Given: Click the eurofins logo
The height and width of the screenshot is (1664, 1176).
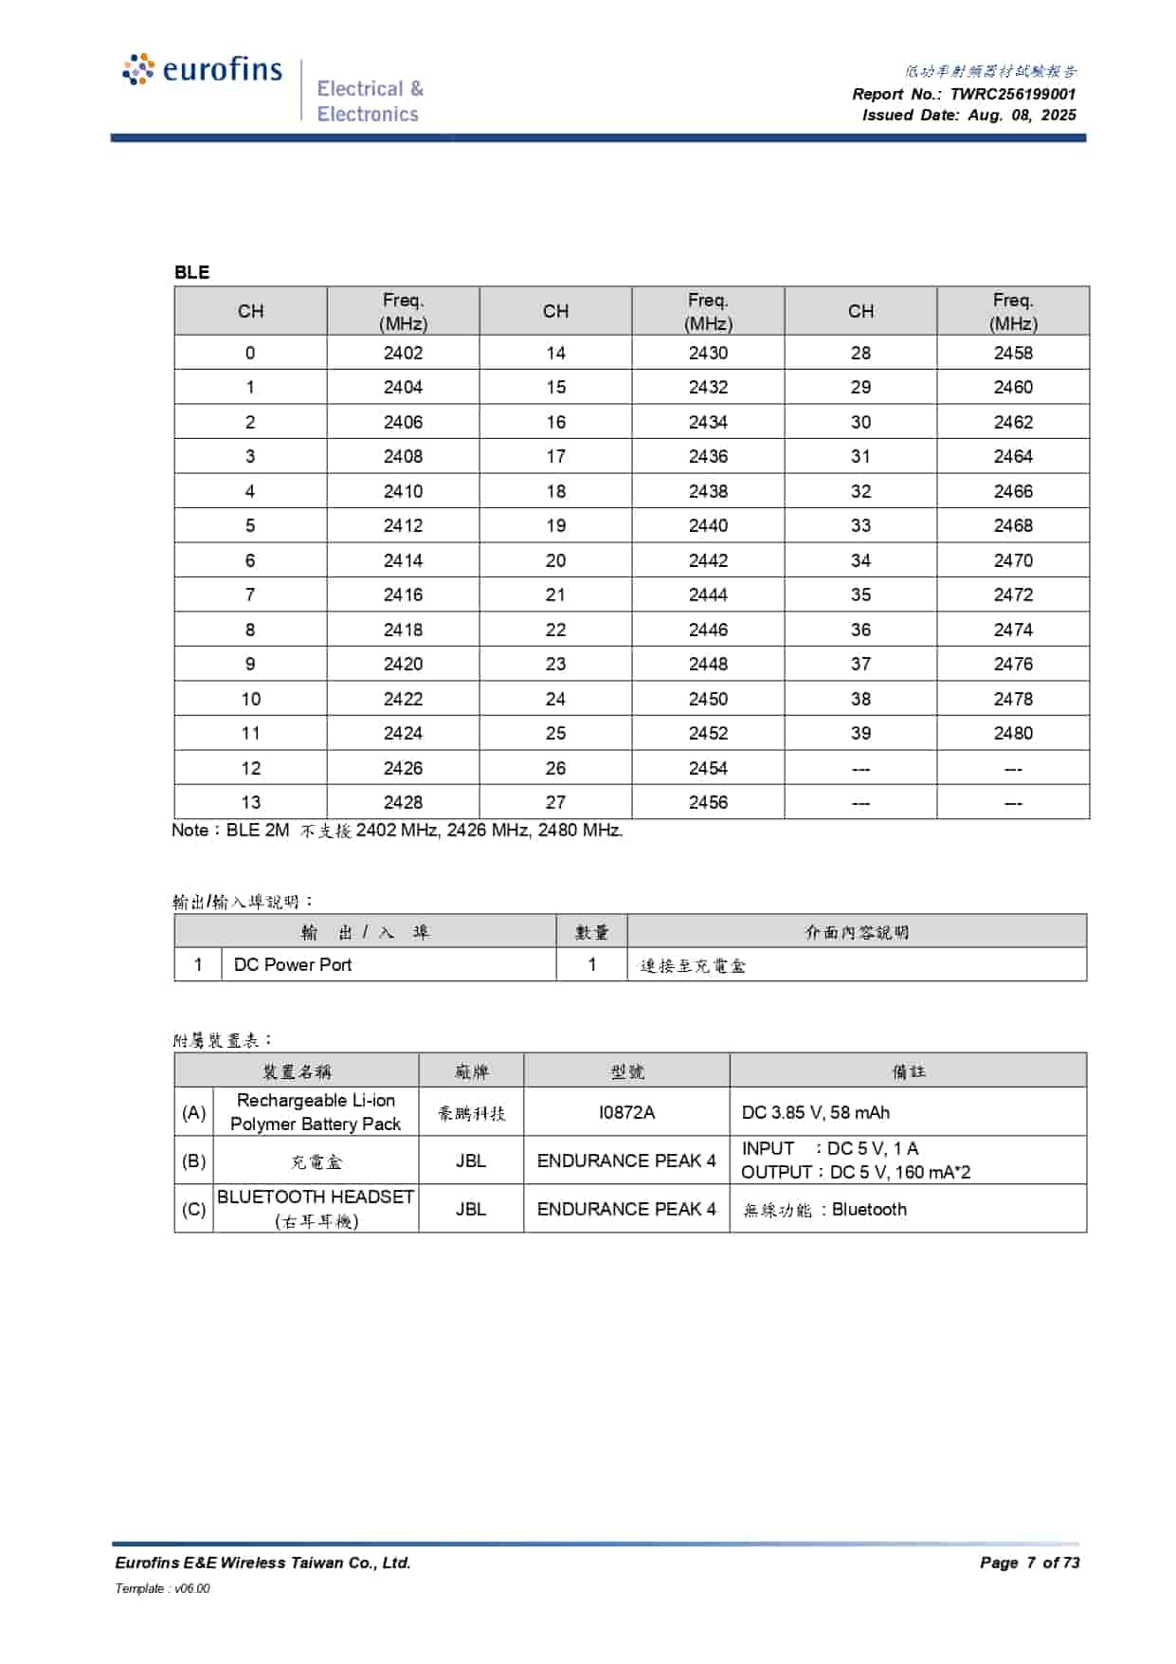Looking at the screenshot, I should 203,70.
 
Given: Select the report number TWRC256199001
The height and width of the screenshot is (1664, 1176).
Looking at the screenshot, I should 1012,94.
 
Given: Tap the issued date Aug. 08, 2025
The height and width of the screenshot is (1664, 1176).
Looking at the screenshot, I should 1022,115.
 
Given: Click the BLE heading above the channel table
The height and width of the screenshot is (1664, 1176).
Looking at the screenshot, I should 191,272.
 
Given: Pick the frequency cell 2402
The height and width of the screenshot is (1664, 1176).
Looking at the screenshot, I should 403,353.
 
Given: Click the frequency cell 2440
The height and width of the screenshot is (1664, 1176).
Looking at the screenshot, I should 708,525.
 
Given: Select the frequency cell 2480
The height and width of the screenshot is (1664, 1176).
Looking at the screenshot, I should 1013,733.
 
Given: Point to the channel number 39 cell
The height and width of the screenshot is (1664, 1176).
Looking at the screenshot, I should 860,733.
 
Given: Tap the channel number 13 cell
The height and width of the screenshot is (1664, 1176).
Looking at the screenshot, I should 250,802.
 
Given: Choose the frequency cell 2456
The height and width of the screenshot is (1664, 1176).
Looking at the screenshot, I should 708,802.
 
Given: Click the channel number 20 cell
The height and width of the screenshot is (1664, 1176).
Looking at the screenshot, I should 555,560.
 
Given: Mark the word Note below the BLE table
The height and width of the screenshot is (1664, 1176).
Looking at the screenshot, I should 190,831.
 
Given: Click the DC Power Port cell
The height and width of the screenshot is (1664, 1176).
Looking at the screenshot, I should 293,965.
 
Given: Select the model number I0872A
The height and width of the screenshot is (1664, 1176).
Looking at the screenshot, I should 626,1112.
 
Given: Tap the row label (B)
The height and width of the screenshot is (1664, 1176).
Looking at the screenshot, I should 193,1161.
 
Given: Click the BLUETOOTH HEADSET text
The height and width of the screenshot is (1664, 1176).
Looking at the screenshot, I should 316,1198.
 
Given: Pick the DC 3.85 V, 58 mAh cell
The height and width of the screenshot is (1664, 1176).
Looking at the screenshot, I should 815,1112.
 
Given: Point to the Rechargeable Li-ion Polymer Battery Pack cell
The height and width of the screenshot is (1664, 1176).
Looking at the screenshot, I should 316,1112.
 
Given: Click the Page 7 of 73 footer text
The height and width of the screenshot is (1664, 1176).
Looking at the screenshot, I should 1029,1563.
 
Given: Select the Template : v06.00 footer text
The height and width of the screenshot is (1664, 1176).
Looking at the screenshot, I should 162,1588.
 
